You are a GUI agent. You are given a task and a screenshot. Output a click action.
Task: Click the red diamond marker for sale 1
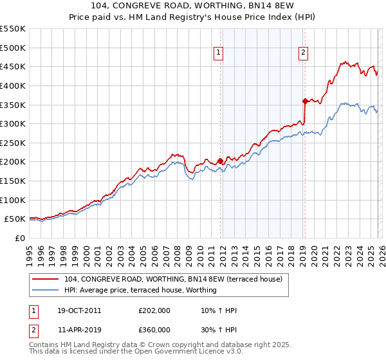click(x=220, y=161)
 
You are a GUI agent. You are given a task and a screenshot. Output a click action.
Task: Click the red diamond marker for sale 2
click(x=305, y=101)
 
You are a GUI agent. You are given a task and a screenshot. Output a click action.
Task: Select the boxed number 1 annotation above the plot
click(x=219, y=53)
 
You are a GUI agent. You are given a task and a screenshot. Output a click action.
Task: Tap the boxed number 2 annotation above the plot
click(x=303, y=53)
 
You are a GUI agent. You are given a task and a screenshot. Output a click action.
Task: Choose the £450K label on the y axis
click(x=12, y=66)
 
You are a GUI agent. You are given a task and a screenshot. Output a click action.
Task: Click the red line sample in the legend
click(x=46, y=279)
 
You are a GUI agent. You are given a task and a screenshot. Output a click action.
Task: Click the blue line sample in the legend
click(x=46, y=290)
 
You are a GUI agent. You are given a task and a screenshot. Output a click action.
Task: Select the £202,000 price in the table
click(x=154, y=310)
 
